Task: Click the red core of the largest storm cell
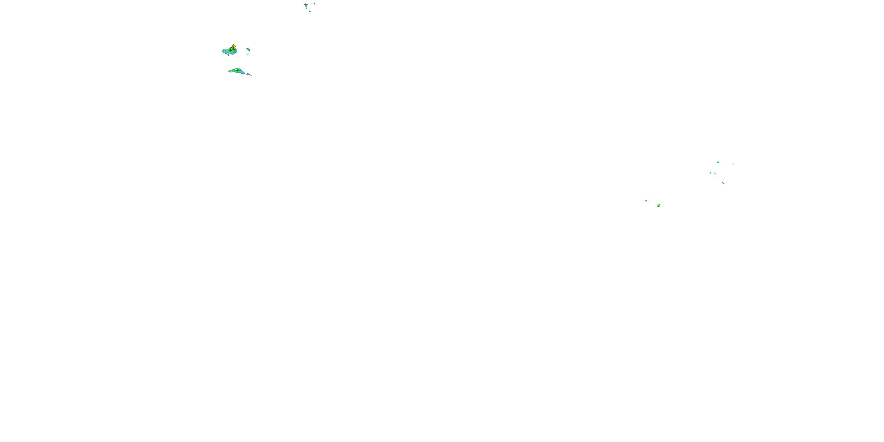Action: (233, 47)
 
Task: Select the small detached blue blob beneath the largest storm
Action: (228, 55)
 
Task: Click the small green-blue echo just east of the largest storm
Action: (248, 49)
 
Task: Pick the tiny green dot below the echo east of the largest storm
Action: (248, 54)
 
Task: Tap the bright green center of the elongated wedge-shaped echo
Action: (235, 70)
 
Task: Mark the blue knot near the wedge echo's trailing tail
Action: (248, 74)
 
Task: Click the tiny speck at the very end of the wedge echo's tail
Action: (252, 75)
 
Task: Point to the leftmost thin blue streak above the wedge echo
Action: (237, 66)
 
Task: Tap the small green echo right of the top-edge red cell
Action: (314, 4)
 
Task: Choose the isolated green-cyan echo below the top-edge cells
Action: (310, 11)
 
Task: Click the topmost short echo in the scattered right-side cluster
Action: (718, 162)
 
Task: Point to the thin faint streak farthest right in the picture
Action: (733, 164)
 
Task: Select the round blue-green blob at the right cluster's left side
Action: (710, 173)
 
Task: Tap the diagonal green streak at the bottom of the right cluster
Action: (723, 183)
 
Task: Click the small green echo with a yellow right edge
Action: (646, 200)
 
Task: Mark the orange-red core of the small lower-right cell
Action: (658, 205)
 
